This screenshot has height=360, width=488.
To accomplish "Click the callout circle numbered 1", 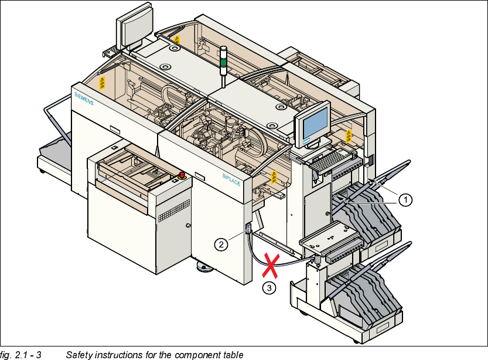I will coord(405,199).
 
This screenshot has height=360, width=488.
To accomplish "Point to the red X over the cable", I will coord(270,265).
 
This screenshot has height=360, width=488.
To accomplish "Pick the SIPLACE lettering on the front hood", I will coord(231,179).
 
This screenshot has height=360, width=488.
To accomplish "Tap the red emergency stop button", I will coord(182,175).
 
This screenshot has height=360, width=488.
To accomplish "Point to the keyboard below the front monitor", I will coord(333,158).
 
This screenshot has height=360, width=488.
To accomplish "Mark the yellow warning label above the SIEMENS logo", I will coord(103,82).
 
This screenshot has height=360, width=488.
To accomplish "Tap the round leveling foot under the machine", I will coord(204,268).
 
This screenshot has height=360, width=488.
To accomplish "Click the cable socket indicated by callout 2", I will coord(248,228).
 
